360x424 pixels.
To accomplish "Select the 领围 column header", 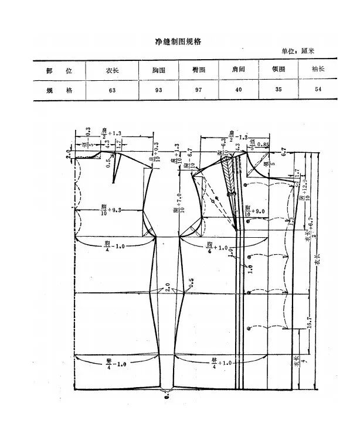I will (x=279, y=70).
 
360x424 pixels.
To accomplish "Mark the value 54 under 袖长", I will (x=319, y=91).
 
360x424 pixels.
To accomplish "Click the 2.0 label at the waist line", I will (x=168, y=288).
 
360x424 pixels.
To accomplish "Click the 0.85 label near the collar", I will (x=264, y=144).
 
